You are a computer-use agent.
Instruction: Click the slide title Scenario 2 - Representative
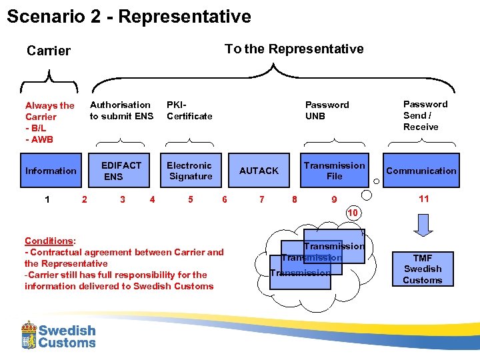pos(129,17)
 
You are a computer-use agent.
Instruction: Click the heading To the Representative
pos(294,49)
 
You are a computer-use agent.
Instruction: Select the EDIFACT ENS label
pos(121,171)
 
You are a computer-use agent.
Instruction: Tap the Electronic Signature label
pos(190,171)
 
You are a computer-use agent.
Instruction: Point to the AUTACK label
pos(259,171)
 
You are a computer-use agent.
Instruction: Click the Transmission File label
pos(334,171)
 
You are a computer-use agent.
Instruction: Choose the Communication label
pos(421,171)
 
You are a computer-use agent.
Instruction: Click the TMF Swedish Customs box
pos(422,269)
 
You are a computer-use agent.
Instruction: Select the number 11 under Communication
pos(423,199)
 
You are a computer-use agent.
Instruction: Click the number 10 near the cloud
pos(353,212)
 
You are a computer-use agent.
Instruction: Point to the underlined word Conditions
pos(49,241)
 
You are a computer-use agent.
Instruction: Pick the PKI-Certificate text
pos(189,111)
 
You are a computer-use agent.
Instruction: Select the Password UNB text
pos(327,111)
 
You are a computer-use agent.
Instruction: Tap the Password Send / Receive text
pos(425,115)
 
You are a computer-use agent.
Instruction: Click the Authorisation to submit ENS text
pos(121,111)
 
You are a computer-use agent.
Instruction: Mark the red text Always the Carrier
pos(49,111)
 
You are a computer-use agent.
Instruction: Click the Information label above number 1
pos(51,171)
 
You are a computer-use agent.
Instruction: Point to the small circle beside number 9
pos(366,195)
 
